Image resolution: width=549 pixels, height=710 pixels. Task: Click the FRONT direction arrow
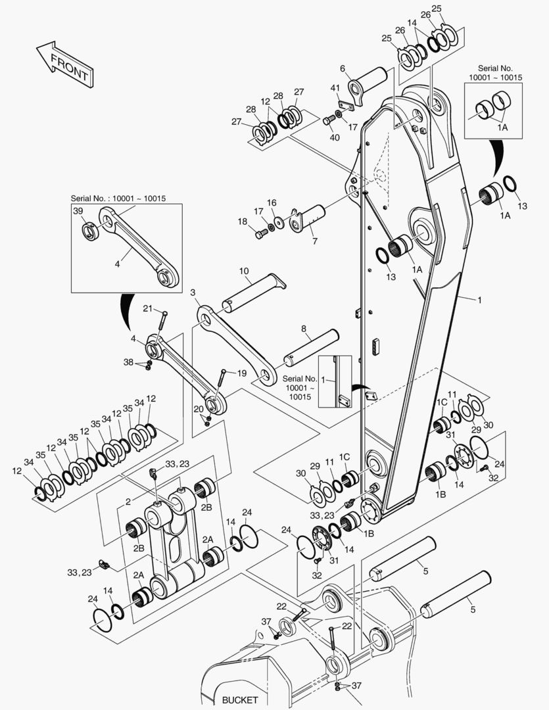pyautogui.click(x=64, y=64)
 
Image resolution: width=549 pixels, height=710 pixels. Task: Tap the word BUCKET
pyautogui.click(x=240, y=700)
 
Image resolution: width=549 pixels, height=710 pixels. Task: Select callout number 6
pyautogui.click(x=343, y=68)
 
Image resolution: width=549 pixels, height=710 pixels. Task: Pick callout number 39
pyautogui.click(x=78, y=211)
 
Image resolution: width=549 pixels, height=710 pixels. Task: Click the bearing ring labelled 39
pyautogui.click(x=89, y=231)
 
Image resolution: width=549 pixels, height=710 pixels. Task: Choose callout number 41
pyautogui.click(x=335, y=88)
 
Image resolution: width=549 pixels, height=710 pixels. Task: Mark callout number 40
pyautogui.click(x=335, y=137)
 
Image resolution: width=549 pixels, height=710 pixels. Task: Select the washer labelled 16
pyautogui.click(x=280, y=222)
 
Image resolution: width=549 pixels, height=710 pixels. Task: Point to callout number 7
pyautogui.click(x=314, y=241)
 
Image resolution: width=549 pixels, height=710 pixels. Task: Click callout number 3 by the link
pyautogui.click(x=193, y=292)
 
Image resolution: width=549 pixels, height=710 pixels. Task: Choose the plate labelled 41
pyautogui.click(x=343, y=103)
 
